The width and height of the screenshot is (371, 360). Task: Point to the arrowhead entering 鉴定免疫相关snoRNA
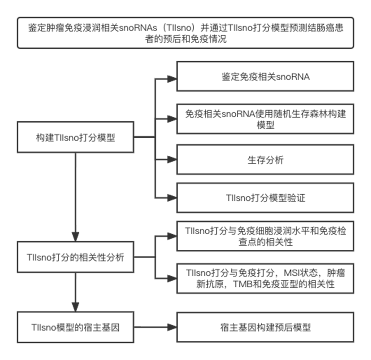pyautogui.click(x=172, y=79)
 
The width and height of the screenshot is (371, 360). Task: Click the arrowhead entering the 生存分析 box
pyautogui.click(x=172, y=160)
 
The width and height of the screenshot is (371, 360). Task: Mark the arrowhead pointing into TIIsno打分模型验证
pyautogui.click(x=172, y=198)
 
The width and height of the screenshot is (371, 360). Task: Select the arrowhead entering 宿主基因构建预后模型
pyautogui.click(x=172, y=327)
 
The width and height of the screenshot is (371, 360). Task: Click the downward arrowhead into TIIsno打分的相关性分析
pyautogui.click(x=75, y=237)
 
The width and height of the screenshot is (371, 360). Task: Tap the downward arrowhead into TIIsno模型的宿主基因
pyautogui.click(x=75, y=307)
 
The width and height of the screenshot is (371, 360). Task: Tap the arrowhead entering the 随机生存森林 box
pyautogui.click(x=172, y=119)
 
